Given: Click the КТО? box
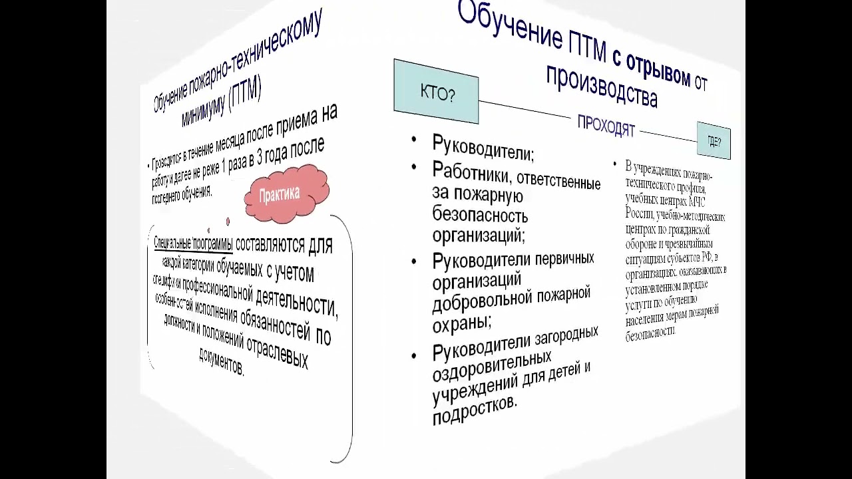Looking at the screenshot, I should (436, 92).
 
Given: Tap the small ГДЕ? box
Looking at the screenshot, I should (714, 141).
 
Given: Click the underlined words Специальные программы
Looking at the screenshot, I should (193, 243).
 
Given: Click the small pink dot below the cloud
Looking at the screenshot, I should (228, 222).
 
